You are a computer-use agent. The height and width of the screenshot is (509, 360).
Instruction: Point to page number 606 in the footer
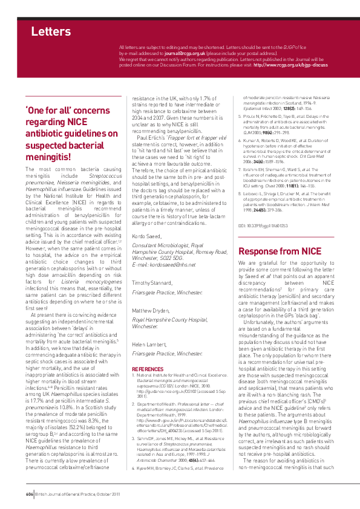point(29,494)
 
